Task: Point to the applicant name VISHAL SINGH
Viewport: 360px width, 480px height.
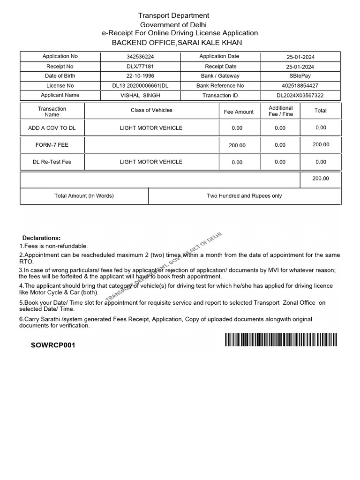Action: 140,95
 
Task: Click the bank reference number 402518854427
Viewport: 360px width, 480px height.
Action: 300,86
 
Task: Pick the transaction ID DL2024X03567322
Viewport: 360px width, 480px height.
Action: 300,96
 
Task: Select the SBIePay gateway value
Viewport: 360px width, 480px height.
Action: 300,76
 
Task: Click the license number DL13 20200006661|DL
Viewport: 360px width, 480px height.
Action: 140,86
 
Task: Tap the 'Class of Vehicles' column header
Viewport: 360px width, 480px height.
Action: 151,110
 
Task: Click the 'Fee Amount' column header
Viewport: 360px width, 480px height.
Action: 239,112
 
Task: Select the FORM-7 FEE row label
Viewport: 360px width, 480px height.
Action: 52,145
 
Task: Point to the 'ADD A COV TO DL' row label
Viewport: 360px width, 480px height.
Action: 52,128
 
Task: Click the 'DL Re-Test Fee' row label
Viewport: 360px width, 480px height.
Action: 52,162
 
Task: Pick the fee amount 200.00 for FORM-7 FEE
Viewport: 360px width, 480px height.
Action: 237,145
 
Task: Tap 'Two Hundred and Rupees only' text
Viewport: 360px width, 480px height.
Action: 244,196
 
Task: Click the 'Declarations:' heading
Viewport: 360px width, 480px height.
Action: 42,238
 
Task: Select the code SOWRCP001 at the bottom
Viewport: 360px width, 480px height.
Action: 52,345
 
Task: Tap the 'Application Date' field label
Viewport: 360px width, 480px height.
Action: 219,56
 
